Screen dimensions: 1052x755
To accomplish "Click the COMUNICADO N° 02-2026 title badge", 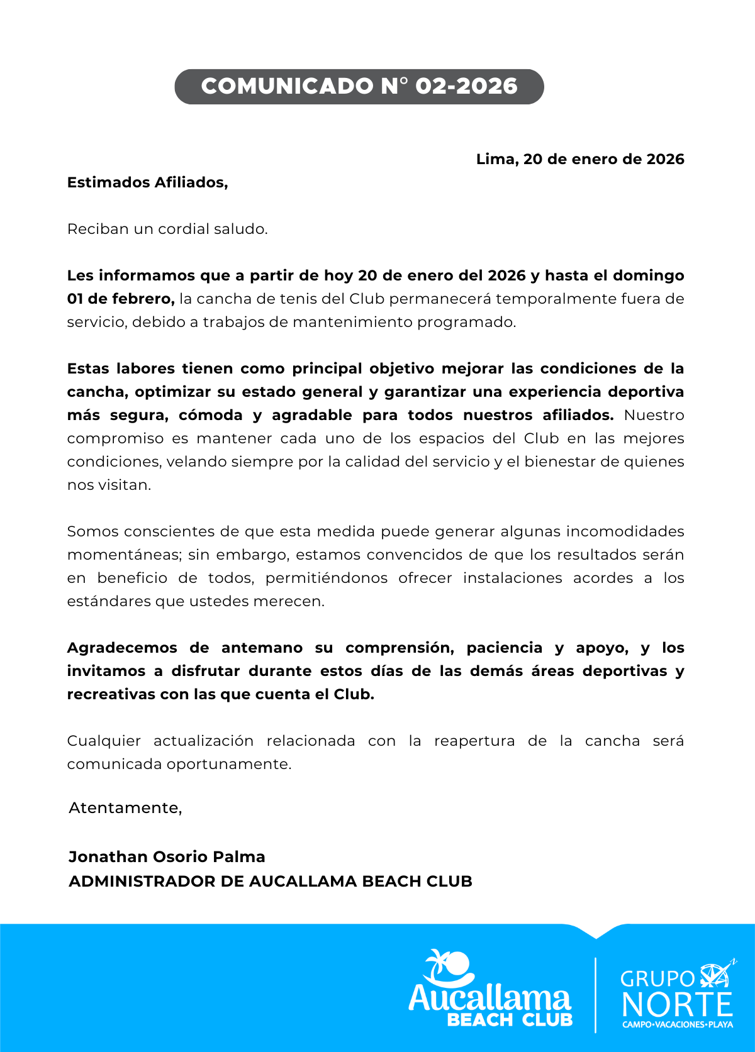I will point(359,86).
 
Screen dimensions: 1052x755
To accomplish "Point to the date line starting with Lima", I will point(579,159).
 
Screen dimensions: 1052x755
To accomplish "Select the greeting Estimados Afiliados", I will point(147,182).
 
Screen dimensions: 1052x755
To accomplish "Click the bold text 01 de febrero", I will point(120,299).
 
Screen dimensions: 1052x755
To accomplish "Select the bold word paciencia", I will point(504,648).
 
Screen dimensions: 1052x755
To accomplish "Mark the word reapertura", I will point(474,741).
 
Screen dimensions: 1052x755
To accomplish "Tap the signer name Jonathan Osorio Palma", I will point(167,857).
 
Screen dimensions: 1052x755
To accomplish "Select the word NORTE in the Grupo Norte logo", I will point(677,1004).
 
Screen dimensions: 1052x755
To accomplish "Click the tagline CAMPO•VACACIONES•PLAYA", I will point(677,1024).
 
